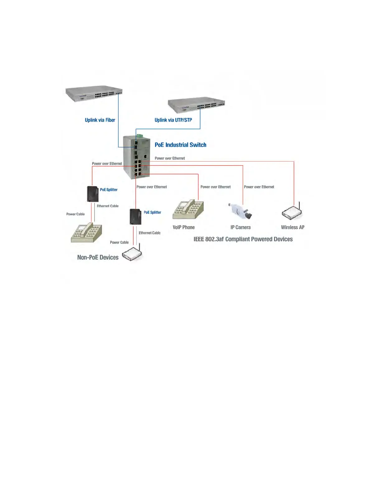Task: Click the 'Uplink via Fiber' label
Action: pos(100,120)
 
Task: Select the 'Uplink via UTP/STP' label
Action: pos(173,120)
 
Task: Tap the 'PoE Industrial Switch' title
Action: pos(181,145)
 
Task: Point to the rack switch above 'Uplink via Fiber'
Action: pos(94,94)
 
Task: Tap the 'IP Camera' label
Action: pos(240,227)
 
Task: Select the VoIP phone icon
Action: pos(188,210)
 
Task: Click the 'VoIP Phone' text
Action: pos(184,227)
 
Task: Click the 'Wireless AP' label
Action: pos(293,227)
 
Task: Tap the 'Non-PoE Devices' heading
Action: pos(98,257)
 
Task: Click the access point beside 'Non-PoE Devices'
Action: pos(132,254)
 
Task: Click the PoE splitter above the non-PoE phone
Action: pos(93,194)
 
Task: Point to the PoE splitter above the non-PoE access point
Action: pos(135,217)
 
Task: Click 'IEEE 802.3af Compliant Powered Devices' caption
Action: pos(243,239)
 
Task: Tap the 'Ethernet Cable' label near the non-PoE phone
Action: pos(107,206)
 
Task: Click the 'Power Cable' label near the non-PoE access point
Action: pos(119,242)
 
